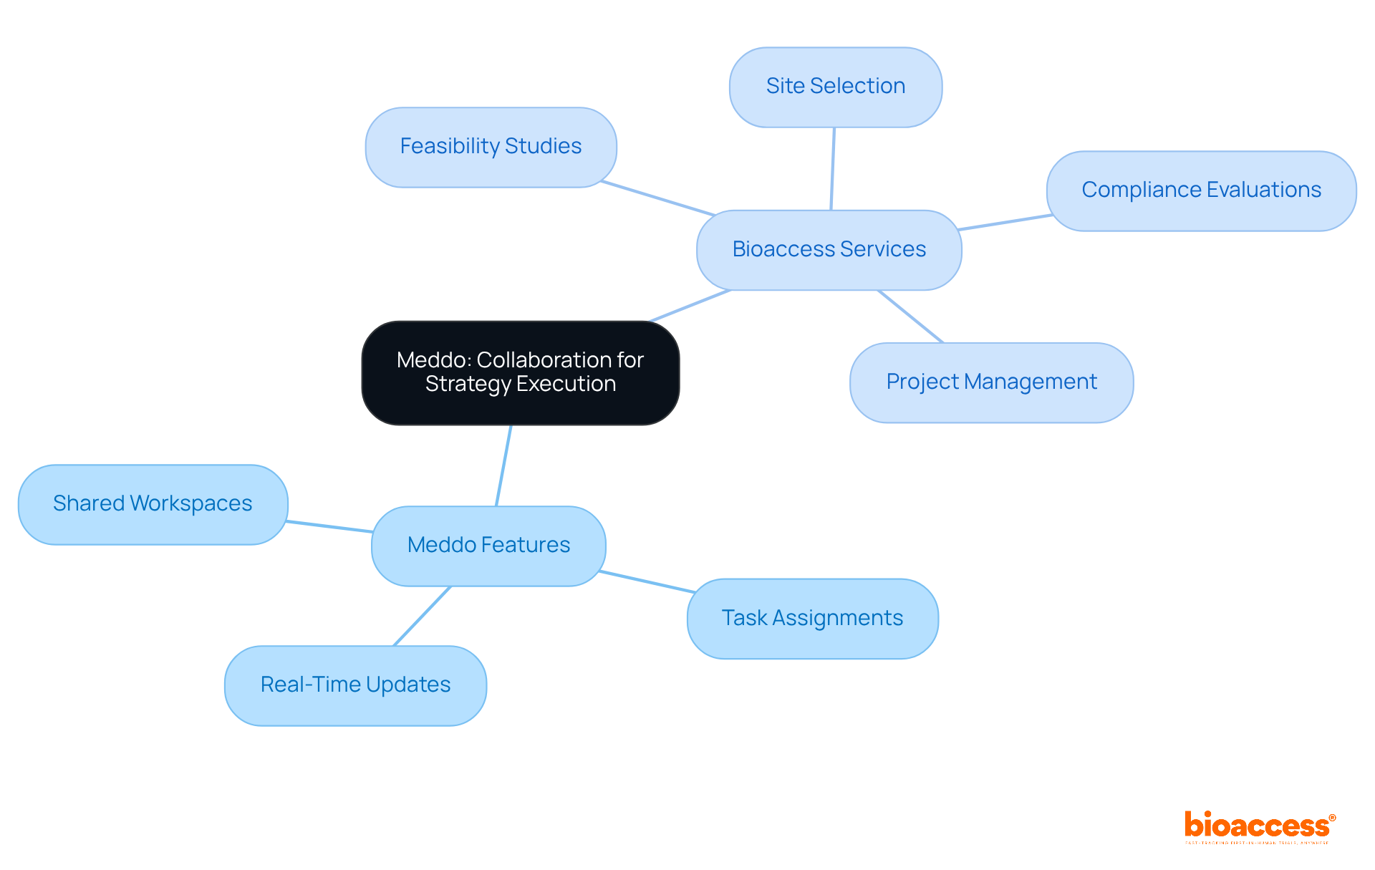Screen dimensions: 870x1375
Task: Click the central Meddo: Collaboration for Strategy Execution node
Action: click(x=521, y=372)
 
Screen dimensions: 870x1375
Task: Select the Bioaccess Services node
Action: click(x=829, y=249)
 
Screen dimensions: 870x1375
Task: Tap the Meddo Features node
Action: click(x=488, y=545)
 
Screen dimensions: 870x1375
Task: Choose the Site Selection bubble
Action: click(x=835, y=87)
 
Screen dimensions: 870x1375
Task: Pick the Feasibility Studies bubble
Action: click(x=491, y=147)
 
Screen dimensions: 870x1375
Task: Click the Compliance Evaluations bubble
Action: click(x=1201, y=190)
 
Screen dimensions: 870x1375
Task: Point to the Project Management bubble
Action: click(x=991, y=382)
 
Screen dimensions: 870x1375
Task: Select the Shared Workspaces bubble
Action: click(x=153, y=504)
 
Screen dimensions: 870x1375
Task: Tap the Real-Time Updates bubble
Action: click(x=355, y=685)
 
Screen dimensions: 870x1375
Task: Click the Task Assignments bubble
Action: click(x=812, y=618)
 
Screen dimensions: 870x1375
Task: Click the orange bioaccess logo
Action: click(x=1258, y=826)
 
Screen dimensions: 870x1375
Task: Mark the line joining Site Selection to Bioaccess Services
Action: click(x=832, y=169)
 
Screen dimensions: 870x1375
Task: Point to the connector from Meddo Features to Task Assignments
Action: click(x=646, y=581)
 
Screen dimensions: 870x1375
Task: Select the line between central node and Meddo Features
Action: click(x=503, y=465)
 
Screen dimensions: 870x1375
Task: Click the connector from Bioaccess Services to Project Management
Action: click(x=910, y=316)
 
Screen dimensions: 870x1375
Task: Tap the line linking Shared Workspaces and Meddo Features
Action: click(x=329, y=526)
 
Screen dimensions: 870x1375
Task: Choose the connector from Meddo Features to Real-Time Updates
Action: click(x=422, y=616)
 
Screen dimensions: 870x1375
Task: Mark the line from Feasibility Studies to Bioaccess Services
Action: click(x=657, y=198)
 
